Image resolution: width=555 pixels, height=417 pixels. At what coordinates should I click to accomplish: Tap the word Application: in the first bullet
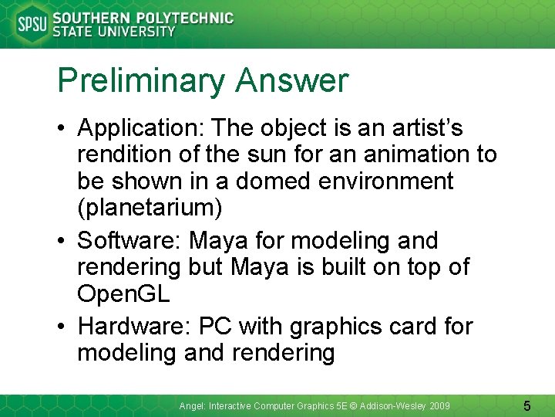(142, 128)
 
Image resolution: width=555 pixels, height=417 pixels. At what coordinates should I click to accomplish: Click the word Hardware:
(134, 327)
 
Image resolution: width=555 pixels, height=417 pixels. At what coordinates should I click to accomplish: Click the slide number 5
(527, 405)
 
